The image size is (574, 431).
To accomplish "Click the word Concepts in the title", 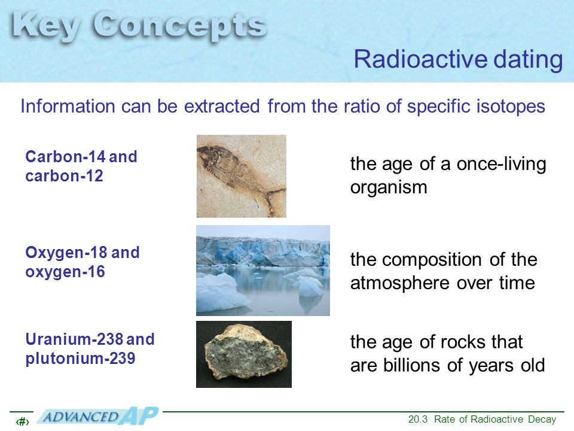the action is coord(179,27).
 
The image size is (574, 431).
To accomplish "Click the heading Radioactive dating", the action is coord(458,59).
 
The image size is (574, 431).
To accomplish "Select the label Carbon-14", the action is coord(65,156).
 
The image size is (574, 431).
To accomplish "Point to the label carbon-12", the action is coord(64,176).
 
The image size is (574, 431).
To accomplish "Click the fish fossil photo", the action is coord(241,176).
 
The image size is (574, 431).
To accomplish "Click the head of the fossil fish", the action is coord(209,154).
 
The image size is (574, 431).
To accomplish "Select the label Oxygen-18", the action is coord(66,253).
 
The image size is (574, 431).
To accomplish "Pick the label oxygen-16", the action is coord(65,272).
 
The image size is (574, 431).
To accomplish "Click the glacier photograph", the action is coord(263,271).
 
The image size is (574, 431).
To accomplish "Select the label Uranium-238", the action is coord(74,339).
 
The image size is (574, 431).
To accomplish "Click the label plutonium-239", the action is coord(80,359).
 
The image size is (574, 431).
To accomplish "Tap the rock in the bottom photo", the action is coord(246,352).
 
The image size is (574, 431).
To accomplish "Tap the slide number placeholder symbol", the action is coord(22,422).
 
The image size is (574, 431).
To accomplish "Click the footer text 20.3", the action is coord(418,419).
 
